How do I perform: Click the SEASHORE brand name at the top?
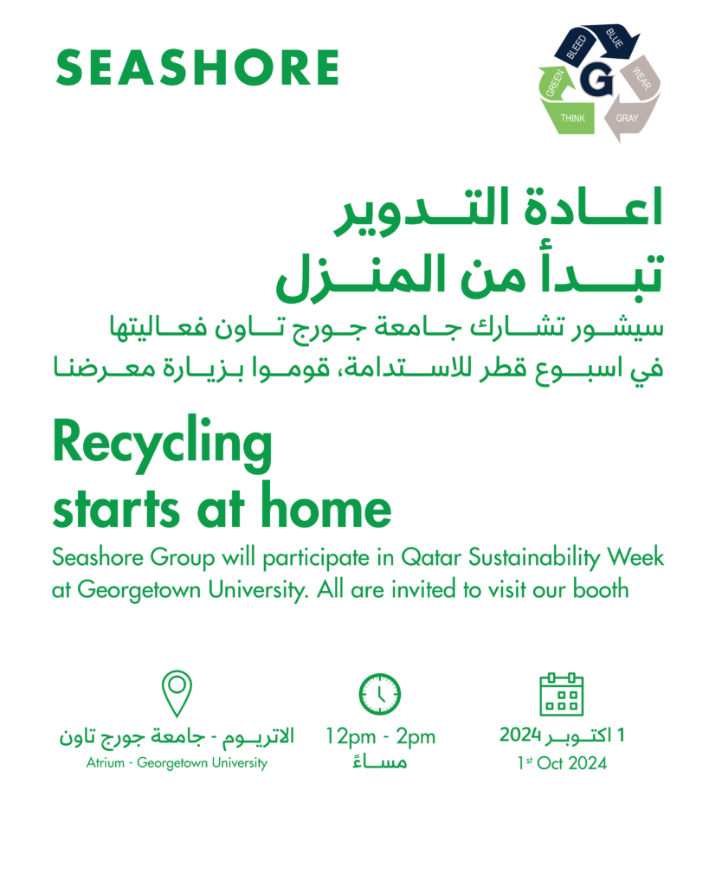pyautogui.click(x=197, y=67)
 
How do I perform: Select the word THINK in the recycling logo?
pyautogui.click(x=573, y=118)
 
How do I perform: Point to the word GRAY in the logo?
pyautogui.click(x=627, y=118)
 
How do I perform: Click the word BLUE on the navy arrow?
pyautogui.click(x=614, y=38)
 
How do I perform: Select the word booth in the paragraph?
pyautogui.click(x=601, y=588)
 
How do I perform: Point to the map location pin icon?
pyautogui.click(x=177, y=693)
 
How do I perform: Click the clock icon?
pyautogui.click(x=380, y=694)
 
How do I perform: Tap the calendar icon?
pyautogui.click(x=562, y=694)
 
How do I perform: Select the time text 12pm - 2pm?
pyautogui.click(x=380, y=737)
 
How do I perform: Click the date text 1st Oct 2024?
pyautogui.click(x=562, y=763)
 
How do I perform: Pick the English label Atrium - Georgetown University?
pyautogui.click(x=177, y=763)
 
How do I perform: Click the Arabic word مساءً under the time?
pyautogui.click(x=380, y=762)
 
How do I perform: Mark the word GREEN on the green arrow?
pyautogui.click(x=555, y=83)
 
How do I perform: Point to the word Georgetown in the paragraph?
pyautogui.click(x=141, y=590)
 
